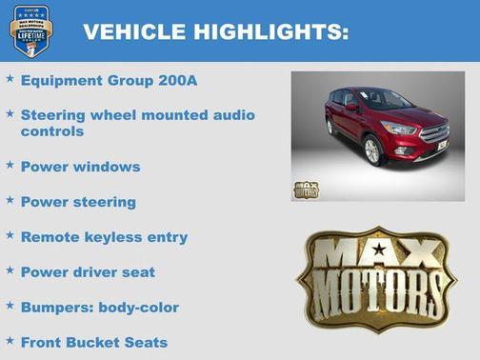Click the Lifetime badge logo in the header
[x=30, y=30]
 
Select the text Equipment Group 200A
[x=109, y=81]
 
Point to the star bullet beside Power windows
[x=10, y=165]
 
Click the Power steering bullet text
[x=78, y=202]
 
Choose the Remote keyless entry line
[x=104, y=237]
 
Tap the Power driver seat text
[x=88, y=272]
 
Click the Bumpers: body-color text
[x=99, y=308]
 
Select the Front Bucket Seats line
[x=93, y=342]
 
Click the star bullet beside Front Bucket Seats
[x=10, y=340]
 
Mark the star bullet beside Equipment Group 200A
[x=10, y=79]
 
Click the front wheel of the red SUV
[x=370, y=150]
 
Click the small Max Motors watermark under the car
[x=305, y=189]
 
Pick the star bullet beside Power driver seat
[x=10, y=270]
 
